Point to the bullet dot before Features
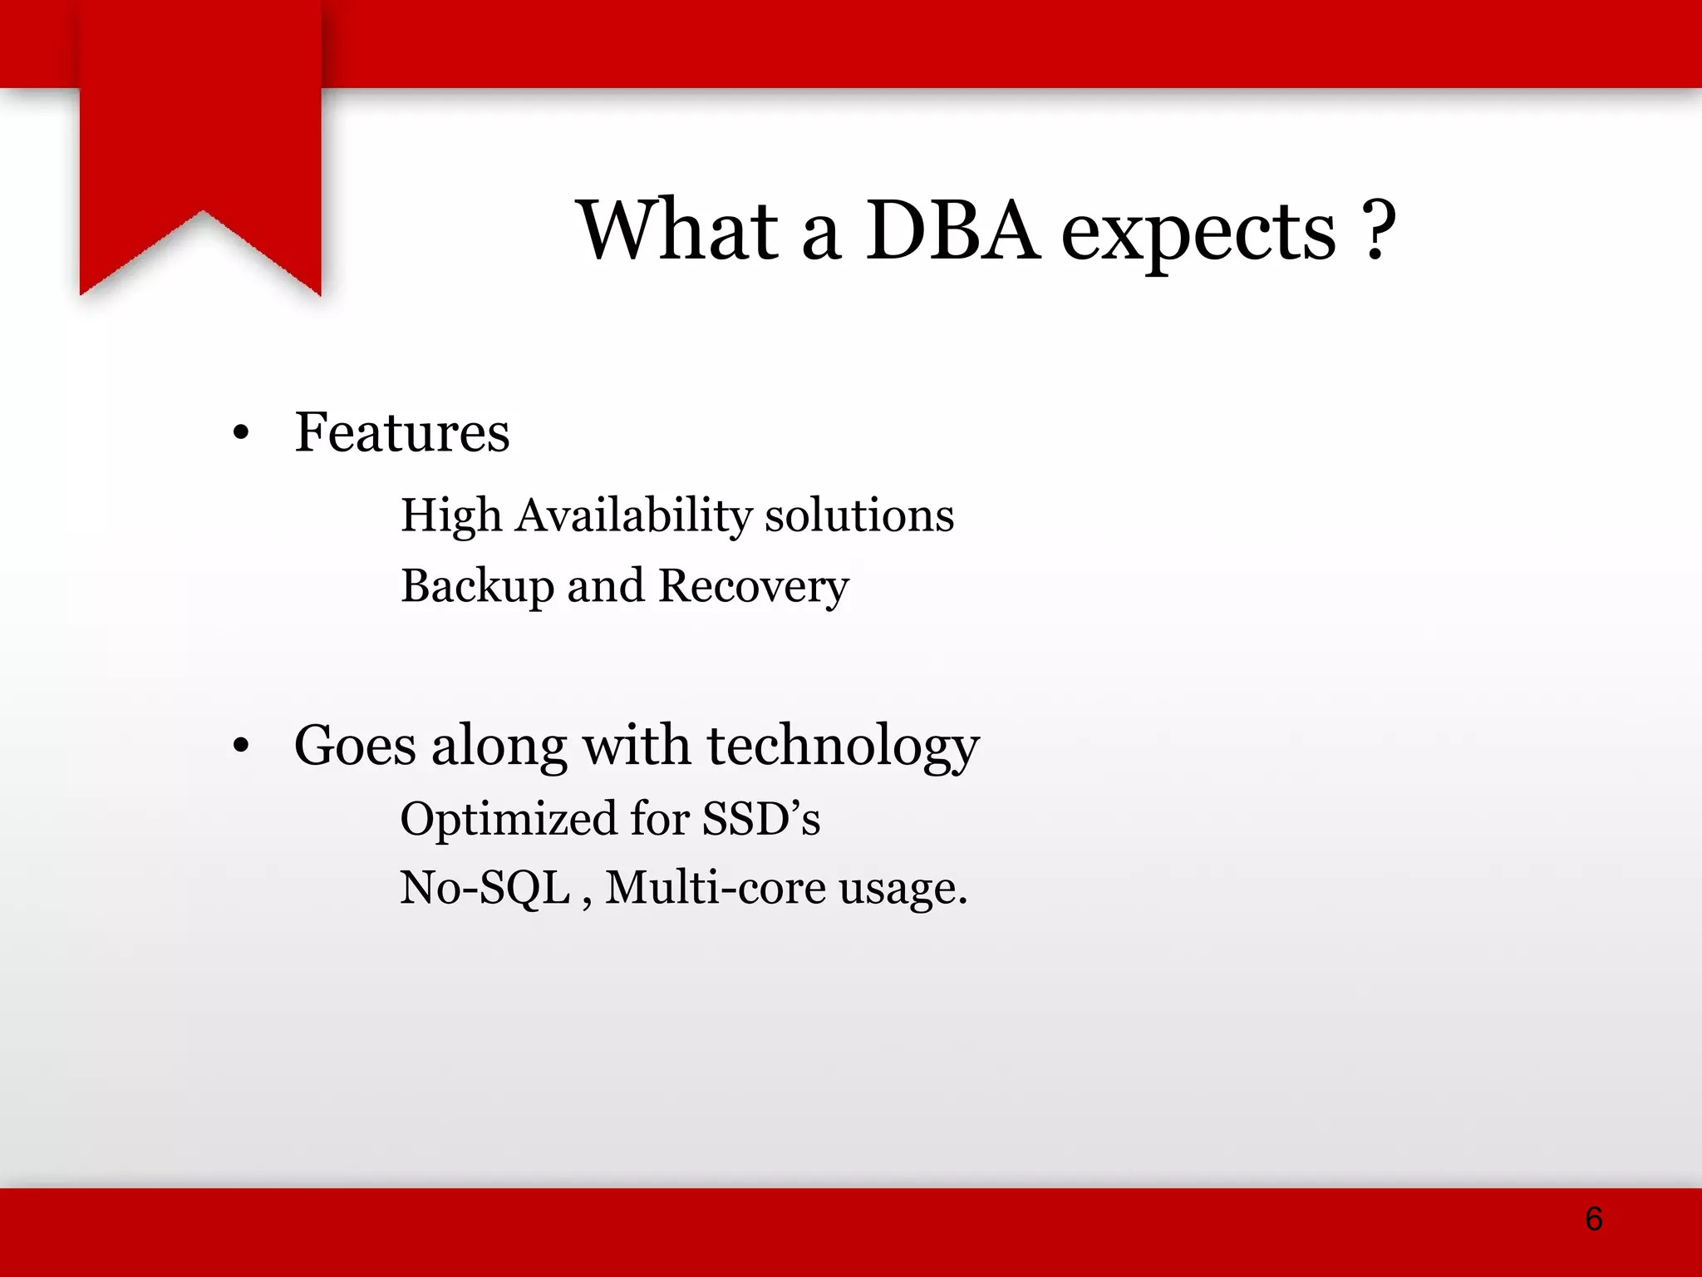[x=241, y=432]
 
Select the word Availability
[x=634, y=515]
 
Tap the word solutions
[x=859, y=515]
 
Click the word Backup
[x=477, y=586]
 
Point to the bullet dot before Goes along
[x=241, y=746]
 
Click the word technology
[x=844, y=746]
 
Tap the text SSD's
[x=760, y=819]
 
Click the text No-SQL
[x=485, y=888]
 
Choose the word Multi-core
[x=715, y=888]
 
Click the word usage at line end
[x=902, y=890]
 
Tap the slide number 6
[x=1593, y=1219]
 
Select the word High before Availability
[x=451, y=515]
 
